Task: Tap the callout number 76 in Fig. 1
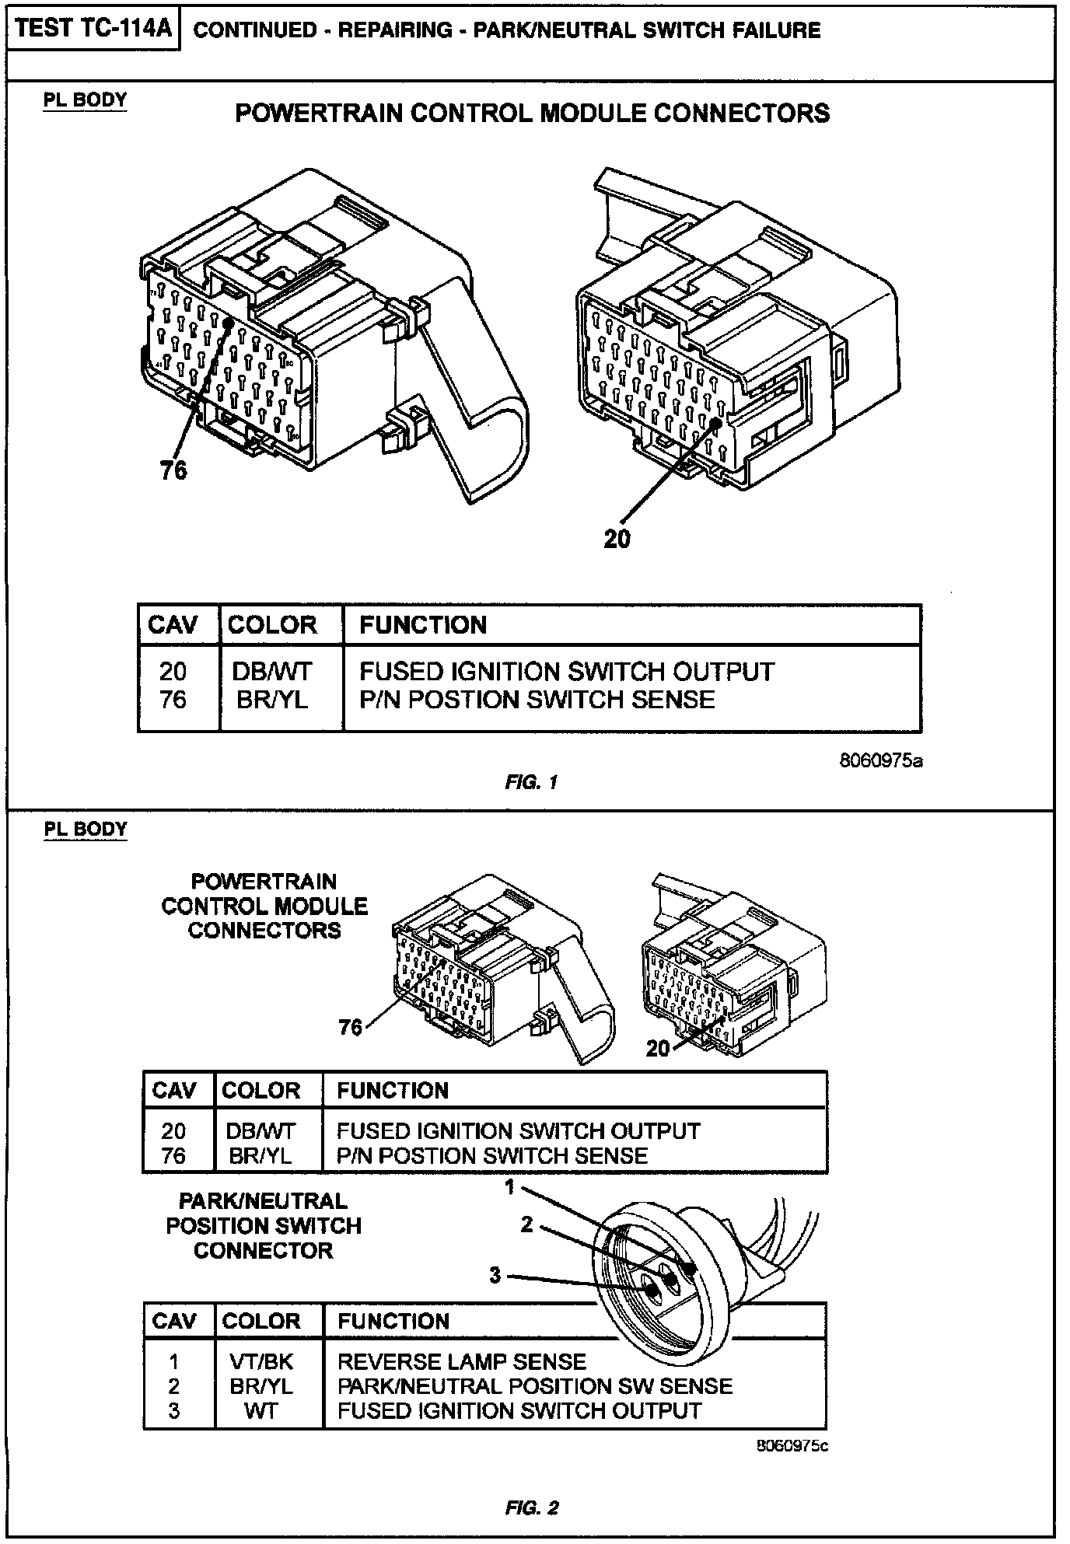[x=174, y=470]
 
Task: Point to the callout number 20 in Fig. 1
[x=617, y=539]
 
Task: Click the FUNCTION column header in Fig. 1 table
[x=423, y=625]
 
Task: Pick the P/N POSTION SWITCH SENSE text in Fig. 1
[x=537, y=700]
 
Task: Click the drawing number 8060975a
[x=881, y=760]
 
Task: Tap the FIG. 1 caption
[x=532, y=783]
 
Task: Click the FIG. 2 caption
[x=532, y=1508]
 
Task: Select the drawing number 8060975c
[x=792, y=1446]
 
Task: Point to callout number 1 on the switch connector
[x=509, y=1187]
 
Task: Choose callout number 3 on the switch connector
[x=495, y=1275]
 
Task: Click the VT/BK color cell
[x=261, y=1361]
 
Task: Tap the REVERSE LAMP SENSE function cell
[x=462, y=1361]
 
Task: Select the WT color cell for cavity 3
[x=261, y=1411]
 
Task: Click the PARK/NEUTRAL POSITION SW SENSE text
[x=535, y=1386]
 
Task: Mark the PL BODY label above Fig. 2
[x=85, y=829]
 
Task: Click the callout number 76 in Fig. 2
[x=351, y=1027]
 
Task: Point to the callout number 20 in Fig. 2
[x=658, y=1049]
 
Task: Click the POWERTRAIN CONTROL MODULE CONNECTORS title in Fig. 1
[x=532, y=114]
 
